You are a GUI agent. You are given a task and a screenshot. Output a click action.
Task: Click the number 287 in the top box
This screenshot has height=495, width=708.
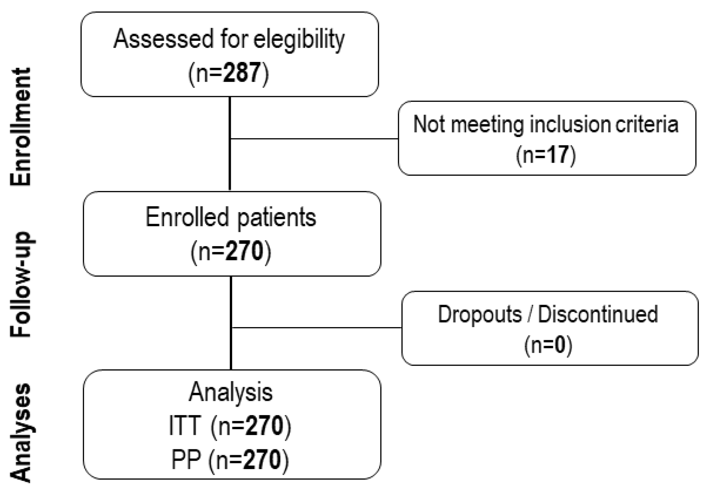pyautogui.click(x=242, y=73)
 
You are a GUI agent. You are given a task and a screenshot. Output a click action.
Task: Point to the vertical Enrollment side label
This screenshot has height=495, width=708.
pyautogui.click(x=21, y=127)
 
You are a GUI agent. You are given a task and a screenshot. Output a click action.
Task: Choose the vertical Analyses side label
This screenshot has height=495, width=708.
pyautogui.click(x=21, y=433)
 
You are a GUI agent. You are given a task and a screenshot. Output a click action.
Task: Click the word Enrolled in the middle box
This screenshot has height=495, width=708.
pyautogui.click(x=187, y=217)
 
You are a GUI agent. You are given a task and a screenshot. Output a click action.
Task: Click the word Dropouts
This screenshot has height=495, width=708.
pyautogui.click(x=480, y=314)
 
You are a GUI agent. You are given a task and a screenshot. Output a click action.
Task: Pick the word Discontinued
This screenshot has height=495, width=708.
pyautogui.click(x=598, y=314)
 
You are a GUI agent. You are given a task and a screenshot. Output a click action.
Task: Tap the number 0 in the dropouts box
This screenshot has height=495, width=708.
pyautogui.click(x=560, y=345)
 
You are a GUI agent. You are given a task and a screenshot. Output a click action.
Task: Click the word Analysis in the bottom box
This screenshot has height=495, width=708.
pyautogui.click(x=230, y=393)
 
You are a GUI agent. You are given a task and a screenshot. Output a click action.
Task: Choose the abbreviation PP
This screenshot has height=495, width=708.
pyautogui.click(x=186, y=460)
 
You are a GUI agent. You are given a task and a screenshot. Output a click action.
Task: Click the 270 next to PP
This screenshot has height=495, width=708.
pyautogui.click(x=262, y=460)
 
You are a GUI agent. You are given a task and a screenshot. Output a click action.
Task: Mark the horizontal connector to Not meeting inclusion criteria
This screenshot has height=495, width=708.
pyautogui.click(x=314, y=139)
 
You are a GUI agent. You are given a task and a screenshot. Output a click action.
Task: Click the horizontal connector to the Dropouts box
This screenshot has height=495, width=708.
pyautogui.click(x=316, y=327)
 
